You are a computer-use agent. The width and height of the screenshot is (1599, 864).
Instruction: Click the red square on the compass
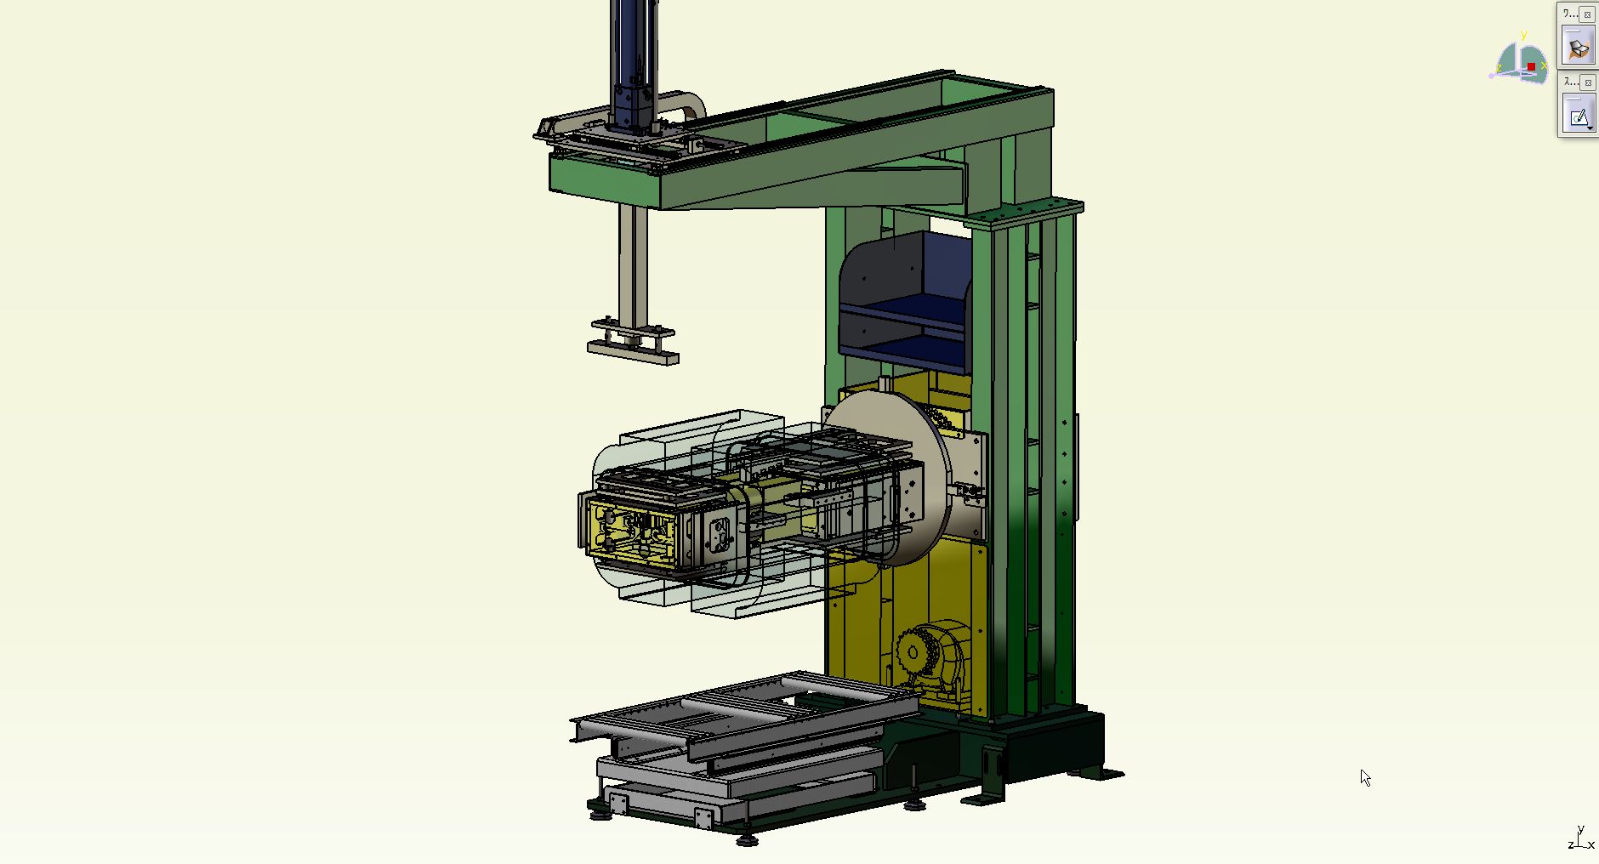1531,66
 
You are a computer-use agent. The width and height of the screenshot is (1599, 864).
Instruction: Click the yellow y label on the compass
1523,35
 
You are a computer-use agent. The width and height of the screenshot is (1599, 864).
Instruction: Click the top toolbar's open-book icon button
1579,48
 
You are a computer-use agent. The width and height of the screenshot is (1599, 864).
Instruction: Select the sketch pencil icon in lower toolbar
1579,117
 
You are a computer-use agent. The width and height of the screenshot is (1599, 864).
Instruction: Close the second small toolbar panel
1587,82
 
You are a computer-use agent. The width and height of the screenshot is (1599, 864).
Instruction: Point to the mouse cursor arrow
1364,776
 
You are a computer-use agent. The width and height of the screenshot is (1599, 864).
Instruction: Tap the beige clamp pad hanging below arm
634,351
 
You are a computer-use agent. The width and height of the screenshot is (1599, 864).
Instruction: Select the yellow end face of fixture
629,531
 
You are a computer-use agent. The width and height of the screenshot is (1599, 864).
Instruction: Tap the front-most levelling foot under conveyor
747,839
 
